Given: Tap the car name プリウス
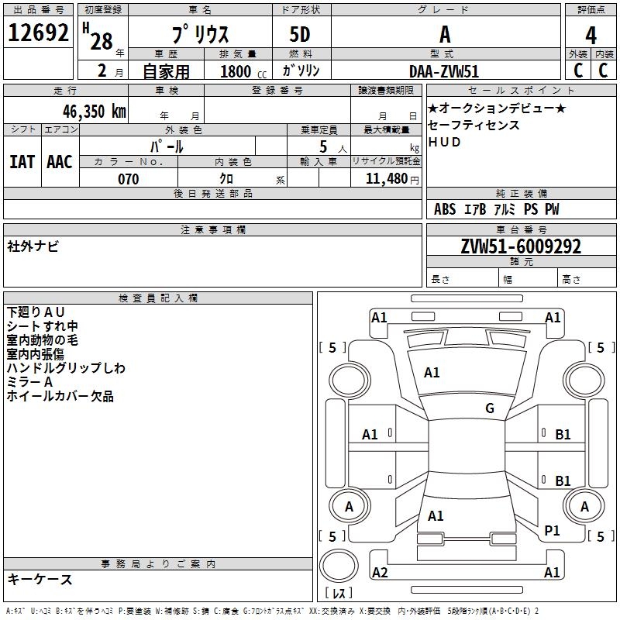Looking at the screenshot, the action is point(200,35).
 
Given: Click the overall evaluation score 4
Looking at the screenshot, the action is point(591,35).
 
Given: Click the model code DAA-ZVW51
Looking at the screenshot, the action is point(444,71).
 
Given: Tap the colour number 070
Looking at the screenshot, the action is point(128,179).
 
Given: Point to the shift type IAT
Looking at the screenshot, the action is point(22,161).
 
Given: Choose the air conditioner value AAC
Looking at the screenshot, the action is point(60,161).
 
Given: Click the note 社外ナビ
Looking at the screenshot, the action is point(33,246).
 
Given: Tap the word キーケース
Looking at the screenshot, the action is point(40,580).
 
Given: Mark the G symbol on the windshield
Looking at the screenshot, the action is point(490,408).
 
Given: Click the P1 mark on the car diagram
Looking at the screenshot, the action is point(553,530).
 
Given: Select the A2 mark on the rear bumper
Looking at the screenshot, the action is point(380,572).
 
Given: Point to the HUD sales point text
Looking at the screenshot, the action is point(444,142).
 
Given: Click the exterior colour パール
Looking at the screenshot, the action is point(167,146).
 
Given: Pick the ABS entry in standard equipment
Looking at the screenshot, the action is point(445,209).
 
